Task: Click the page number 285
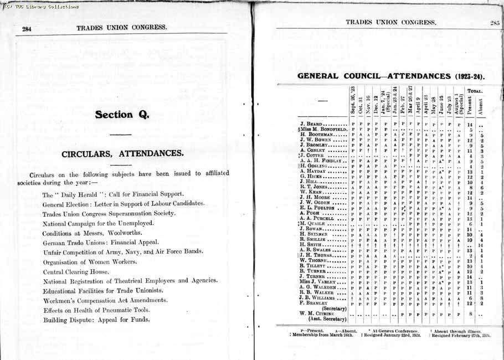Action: (x=495, y=23)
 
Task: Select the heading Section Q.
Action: (x=122, y=115)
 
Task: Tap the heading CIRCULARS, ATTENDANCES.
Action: (x=122, y=153)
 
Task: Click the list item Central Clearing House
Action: (x=76, y=272)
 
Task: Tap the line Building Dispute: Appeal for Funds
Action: (x=96, y=320)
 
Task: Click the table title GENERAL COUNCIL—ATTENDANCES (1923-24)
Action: (x=393, y=75)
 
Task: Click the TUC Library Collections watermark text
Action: (x=40, y=7)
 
